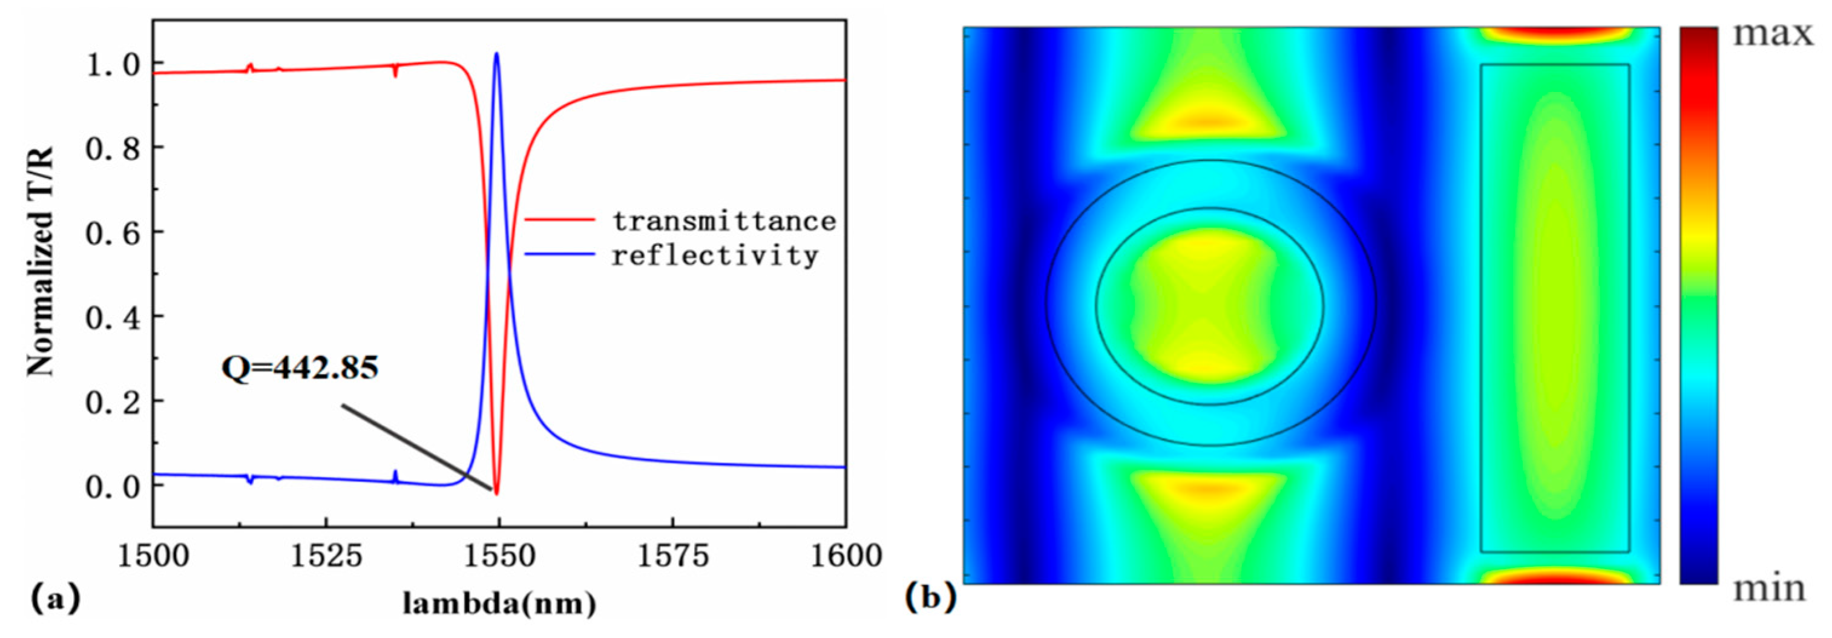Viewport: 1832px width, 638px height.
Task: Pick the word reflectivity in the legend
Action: [715, 255]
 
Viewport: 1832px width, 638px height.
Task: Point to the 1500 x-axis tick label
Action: [153, 556]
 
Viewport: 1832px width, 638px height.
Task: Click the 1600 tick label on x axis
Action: [845, 556]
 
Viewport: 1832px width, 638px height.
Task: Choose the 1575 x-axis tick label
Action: [673, 556]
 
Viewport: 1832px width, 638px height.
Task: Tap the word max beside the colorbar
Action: [1772, 33]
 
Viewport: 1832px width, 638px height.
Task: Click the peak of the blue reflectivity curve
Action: [496, 54]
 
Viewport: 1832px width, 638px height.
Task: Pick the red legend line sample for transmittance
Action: [560, 220]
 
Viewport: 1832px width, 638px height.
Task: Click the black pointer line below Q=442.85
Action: [416, 447]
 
